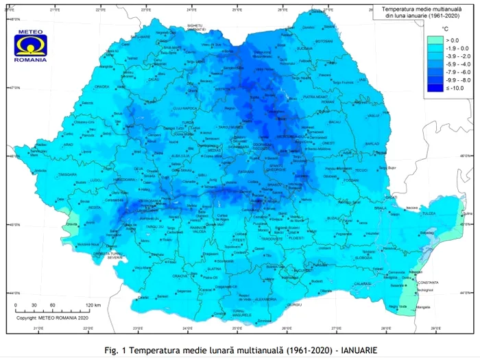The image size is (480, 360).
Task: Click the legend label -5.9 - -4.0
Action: [x=455, y=64]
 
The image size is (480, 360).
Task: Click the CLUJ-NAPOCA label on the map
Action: [x=185, y=108]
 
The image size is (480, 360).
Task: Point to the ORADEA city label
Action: [x=84, y=106]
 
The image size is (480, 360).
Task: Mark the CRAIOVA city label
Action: [x=180, y=276]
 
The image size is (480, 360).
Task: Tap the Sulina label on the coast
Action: [x=466, y=213]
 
